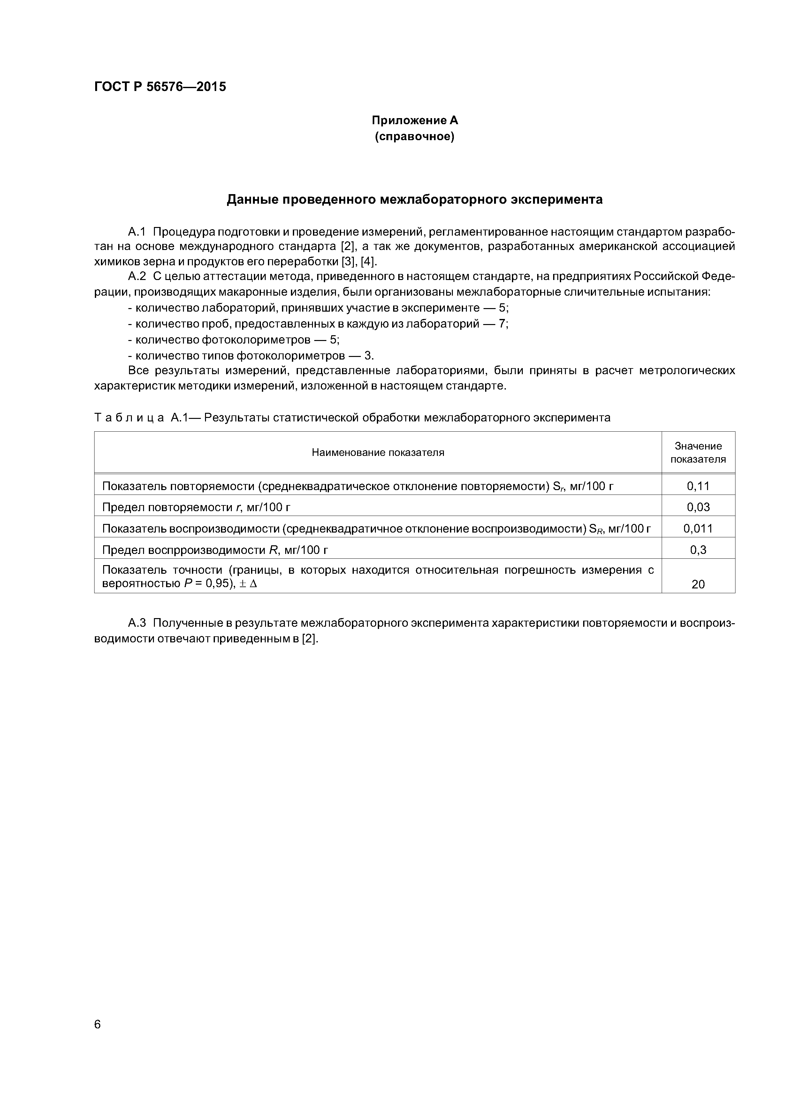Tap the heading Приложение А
[x=415, y=120]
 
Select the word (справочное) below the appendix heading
[x=415, y=137]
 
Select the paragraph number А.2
[x=137, y=276]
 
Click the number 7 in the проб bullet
[x=502, y=324]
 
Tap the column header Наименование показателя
[x=378, y=452]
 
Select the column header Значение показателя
[x=698, y=452]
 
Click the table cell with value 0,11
[x=698, y=486]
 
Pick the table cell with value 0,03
[x=698, y=507]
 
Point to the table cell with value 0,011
[x=698, y=528]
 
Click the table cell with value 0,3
[x=698, y=550]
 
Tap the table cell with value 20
[x=698, y=584]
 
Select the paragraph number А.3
[x=137, y=624]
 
